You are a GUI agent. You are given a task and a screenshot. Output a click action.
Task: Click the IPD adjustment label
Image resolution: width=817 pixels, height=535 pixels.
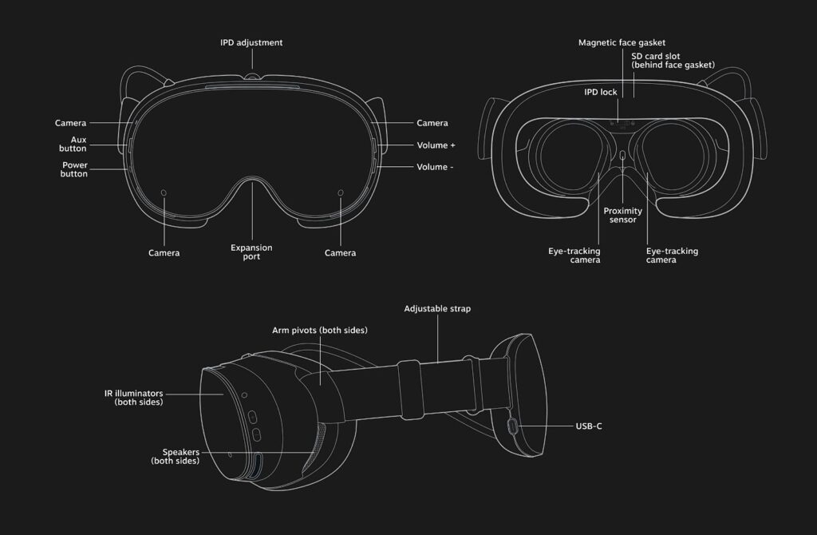coord(251,42)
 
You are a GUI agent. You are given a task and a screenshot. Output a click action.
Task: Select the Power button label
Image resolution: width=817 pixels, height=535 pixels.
coord(74,169)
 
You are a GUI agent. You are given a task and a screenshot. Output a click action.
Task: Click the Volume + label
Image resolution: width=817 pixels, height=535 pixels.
coord(436,146)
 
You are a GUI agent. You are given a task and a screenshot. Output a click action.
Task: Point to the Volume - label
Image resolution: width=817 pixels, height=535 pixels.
coord(436,167)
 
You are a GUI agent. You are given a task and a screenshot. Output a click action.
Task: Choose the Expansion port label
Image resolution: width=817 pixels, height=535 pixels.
coord(251,252)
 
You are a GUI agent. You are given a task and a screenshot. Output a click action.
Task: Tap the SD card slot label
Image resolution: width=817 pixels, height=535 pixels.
coord(673,61)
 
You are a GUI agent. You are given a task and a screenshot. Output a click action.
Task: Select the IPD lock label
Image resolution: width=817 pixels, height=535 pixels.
coord(600,92)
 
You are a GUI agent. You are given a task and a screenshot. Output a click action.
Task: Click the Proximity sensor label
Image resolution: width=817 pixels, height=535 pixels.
coord(622,215)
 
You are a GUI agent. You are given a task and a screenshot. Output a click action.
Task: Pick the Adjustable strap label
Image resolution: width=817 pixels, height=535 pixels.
coord(437,308)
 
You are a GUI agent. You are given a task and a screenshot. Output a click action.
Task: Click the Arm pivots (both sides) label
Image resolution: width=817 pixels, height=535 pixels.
coord(320,330)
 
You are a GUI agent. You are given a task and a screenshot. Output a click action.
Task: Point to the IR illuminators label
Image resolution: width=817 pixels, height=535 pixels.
coord(133,398)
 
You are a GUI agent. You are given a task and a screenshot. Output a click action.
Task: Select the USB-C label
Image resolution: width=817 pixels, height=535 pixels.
coord(588,426)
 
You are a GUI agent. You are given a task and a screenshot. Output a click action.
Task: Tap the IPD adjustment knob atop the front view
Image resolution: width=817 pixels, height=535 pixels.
coord(252,77)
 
